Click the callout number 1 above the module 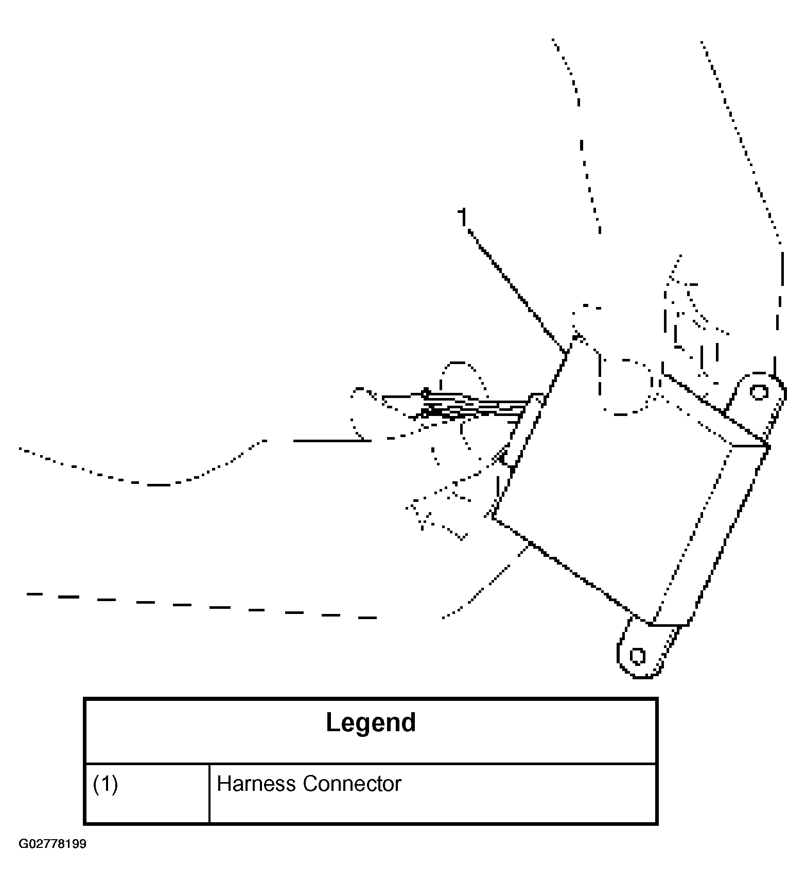click(463, 217)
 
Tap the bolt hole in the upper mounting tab click(758, 392)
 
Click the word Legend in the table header click(371, 722)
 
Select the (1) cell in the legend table click(106, 784)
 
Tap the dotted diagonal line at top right click(741, 139)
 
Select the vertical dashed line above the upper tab click(779, 309)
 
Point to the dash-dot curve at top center click(582, 144)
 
